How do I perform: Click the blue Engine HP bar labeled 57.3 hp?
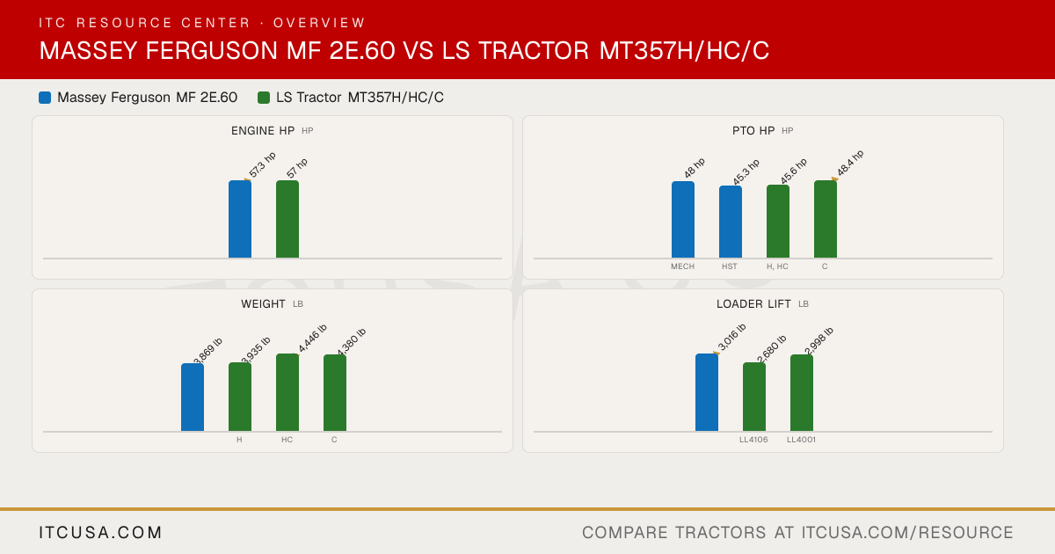[x=240, y=219]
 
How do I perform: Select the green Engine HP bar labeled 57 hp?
[x=287, y=219]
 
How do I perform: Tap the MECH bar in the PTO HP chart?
[x=683, y=220]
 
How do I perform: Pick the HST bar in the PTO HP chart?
[x=731, y=222]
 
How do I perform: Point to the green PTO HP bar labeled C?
[x=826, y=219]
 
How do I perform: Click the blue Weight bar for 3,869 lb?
[x=193, y=397]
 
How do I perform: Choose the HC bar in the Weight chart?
[x=287, y=392]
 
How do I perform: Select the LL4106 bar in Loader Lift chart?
[x=754, y=397]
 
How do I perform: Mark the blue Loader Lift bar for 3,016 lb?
[x=707, y=392]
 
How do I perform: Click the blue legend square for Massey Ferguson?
[x=45, y=98]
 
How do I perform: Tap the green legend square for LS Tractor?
[x=264, y=98]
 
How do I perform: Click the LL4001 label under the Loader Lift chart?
[x=801, y=440]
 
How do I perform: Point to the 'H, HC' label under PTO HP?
[x=777, y=266]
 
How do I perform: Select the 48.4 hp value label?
[x=850, y=163]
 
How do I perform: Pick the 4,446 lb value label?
[x=312, y=339]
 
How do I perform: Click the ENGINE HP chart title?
[x=263, y=130]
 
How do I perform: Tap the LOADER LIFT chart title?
[x=753, y=304]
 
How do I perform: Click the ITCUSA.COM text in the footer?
[x=100, y=532]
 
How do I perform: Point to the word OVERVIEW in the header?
[x=319, y=23]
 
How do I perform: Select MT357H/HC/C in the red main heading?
[x=684, y=50]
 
